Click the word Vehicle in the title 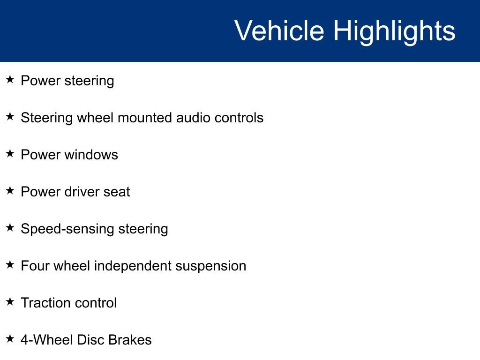279,31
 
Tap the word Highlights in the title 394,31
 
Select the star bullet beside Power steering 10,79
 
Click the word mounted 145,118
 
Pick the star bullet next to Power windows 10,153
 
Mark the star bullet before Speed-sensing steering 10,227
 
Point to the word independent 133,266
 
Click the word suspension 211,266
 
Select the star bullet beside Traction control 10,301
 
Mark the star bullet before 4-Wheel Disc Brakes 10,338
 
